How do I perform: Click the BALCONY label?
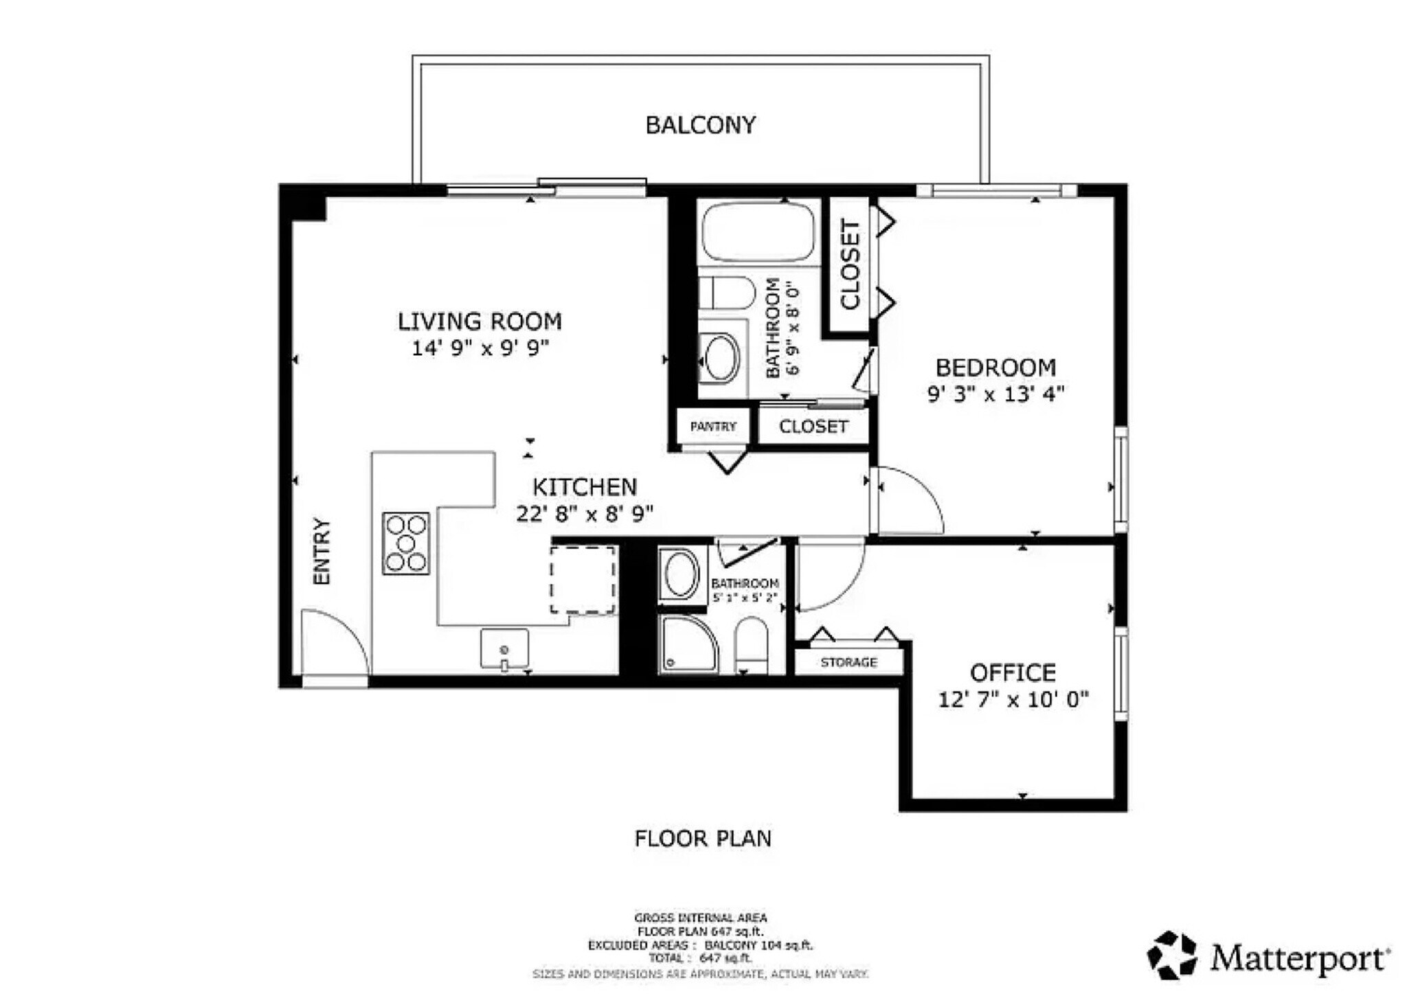(700, 125)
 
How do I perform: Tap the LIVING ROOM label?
(480, 321)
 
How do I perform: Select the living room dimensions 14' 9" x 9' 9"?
(480, 348)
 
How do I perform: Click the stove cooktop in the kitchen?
(406, 543)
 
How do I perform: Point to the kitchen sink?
(504, 648)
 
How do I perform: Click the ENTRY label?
(322, 551)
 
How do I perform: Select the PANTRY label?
(712, 427)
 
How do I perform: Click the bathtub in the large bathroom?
(758, 231)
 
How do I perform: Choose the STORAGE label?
(848, 662)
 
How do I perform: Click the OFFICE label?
(1013, 672)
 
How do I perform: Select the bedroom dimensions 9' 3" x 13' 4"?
(995, 394)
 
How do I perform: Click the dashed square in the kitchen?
(583, 579)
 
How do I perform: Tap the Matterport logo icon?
(1171, 955)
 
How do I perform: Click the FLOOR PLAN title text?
(703, 839)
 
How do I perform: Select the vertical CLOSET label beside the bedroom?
(850, 264)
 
